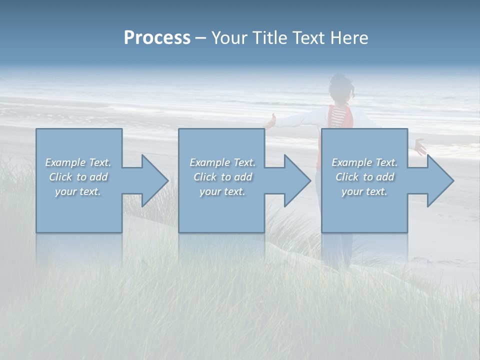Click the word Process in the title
pos(157,38)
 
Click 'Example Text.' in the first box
pos(78,162)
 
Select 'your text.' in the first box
pos(78,191)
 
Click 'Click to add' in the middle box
pos(222,177)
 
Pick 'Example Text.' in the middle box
pos(222,162)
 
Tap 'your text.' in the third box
pos(364,191)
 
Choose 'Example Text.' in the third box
pos(364,162)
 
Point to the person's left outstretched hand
pos(270,121)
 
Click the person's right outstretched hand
pos(420,147)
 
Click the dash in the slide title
pos(200,38)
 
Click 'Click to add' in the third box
pos(364,177)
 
